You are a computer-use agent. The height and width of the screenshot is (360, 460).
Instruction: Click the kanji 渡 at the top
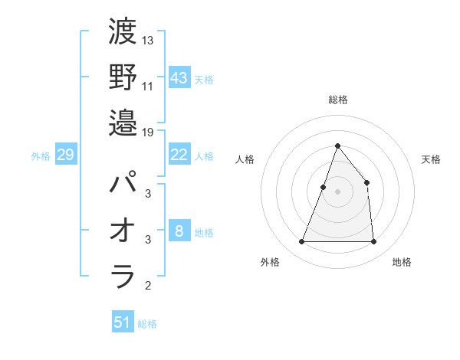pos(123,34)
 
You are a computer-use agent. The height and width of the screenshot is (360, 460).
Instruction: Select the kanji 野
pos(123,77)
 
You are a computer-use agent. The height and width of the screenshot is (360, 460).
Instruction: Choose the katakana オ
pos(123,231)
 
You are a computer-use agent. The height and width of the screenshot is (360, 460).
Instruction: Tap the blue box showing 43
pos(179,78)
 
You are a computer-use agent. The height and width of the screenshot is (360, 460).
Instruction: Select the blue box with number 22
pos(179,155)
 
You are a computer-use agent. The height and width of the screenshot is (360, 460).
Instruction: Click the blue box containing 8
pos(179,231)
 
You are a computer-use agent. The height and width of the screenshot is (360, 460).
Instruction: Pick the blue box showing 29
pos(65,155)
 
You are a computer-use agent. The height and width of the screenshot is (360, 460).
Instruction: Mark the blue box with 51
pos(123,322)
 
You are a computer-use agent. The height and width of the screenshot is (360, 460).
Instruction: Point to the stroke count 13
pos(148,40)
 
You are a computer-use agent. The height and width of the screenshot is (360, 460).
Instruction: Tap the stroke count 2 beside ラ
pos(147,286)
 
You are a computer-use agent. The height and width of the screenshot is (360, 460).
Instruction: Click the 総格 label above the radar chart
pos(337,100)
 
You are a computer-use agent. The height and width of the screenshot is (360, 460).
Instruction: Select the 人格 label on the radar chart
pos(245,159)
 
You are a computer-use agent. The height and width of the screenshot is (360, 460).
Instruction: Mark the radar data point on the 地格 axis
pos(373,242)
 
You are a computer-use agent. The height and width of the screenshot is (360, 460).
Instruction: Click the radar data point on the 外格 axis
pos(301,242)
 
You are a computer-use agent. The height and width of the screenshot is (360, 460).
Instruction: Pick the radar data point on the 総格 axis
pos(337,146)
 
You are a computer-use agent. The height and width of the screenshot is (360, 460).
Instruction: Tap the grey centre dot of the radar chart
pos(337,191)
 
